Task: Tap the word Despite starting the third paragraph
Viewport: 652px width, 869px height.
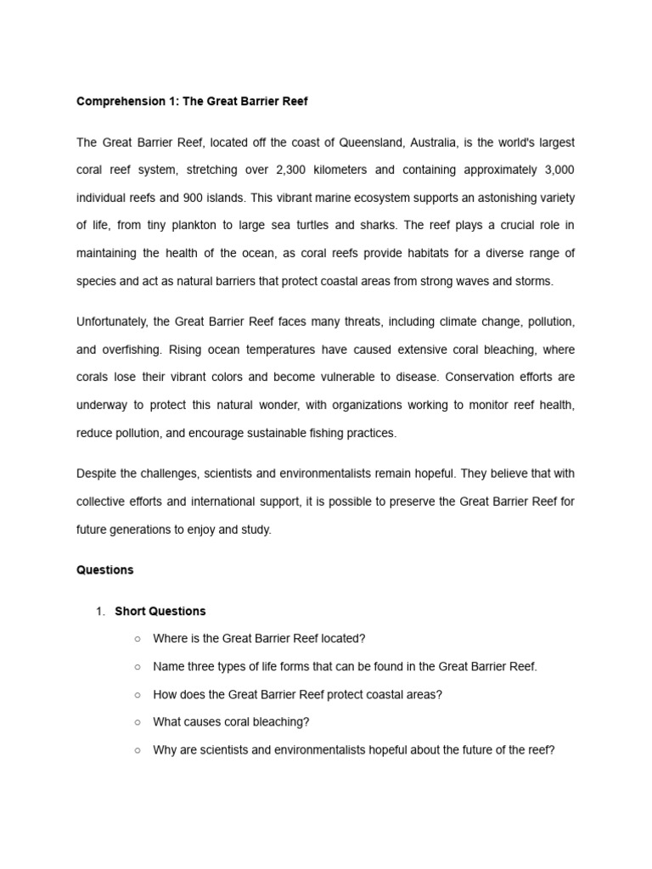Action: tap(98, 474)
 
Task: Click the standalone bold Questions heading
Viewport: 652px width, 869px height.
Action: tap(104, 570)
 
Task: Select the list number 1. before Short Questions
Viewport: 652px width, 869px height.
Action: tap(100, 612)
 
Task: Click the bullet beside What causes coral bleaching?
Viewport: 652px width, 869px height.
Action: tap(138, 723)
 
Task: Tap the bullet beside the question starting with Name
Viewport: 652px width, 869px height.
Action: tap(138, 667)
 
